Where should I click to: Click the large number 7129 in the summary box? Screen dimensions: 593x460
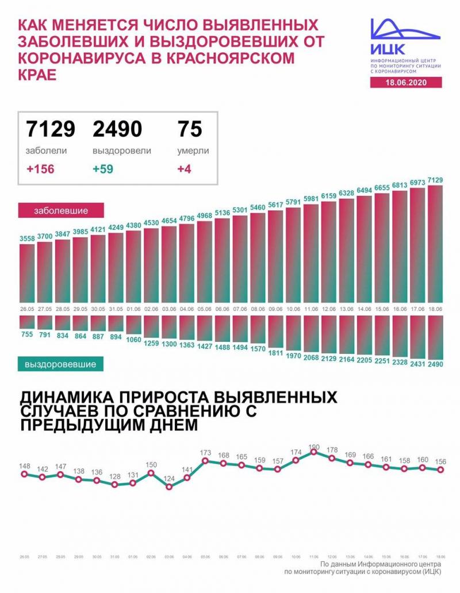(x=51, y=129)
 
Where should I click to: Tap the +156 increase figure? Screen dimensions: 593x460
(x=40, y=170)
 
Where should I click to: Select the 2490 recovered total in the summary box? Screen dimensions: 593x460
(x=117, y=129)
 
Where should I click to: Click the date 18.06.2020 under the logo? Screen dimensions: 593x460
(x=406, y=83)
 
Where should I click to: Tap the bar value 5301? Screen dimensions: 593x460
(x=241, y=210)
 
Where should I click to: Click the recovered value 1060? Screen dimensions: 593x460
(x=135, y=339)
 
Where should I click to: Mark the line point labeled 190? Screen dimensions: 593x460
(x=313, y=452)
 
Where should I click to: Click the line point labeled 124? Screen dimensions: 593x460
(x=169, y=487)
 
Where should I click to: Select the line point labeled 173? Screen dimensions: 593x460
(x=205, y=461)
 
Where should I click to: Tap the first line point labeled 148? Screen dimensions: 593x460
(x=24, y=474)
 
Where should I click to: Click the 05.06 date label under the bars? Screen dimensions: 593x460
(x=205, y=309)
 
